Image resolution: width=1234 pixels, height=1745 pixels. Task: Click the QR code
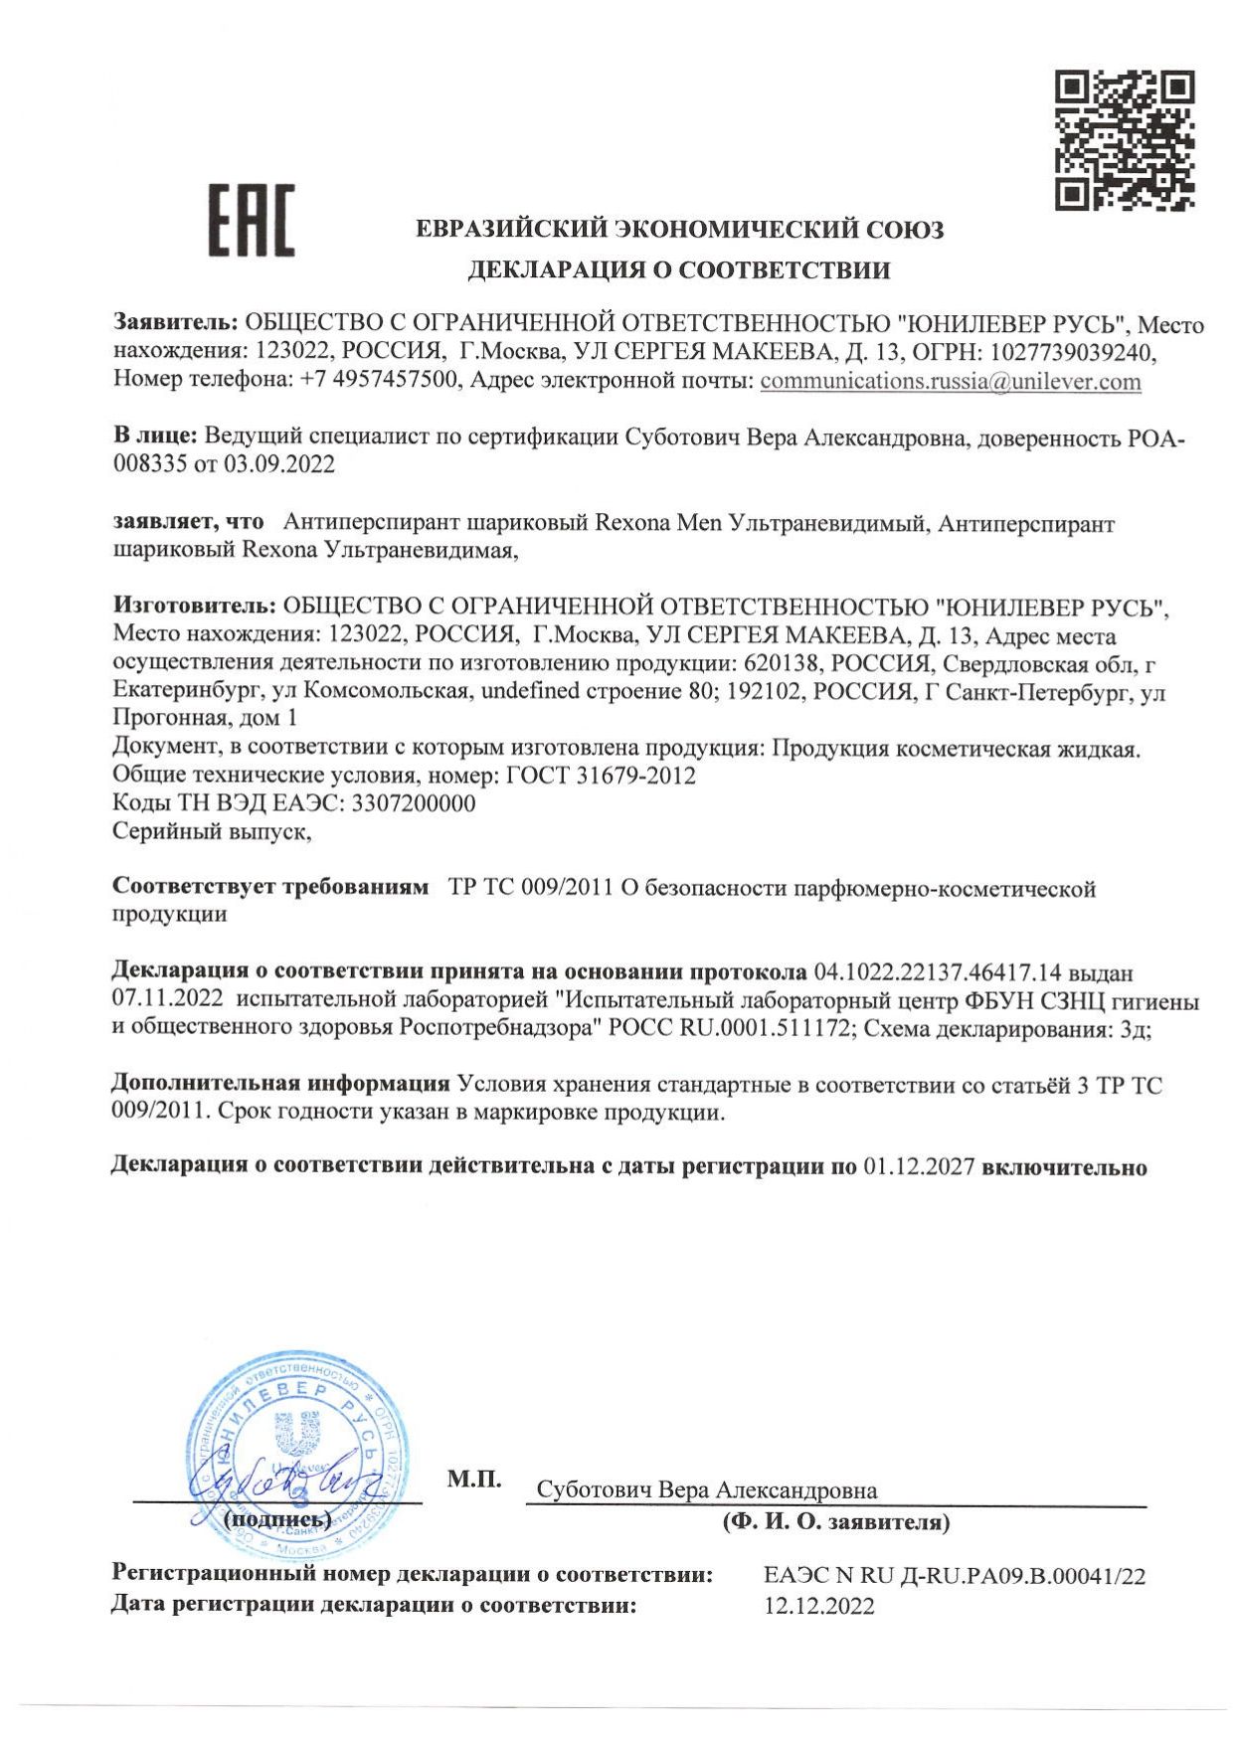click(x=1124, y=139)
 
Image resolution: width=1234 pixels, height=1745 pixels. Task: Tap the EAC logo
click(x=252, y=220)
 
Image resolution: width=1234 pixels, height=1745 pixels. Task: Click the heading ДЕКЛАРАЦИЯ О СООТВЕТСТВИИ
click(x=679, y=269)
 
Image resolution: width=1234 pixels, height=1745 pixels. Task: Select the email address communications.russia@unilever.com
click(x=950, y=382)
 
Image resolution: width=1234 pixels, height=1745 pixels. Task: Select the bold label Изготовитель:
click(x=194, y=607)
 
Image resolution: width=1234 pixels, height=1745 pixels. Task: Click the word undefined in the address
click(x=530, y=691)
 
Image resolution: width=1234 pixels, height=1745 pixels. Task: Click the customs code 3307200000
click(x=408, y=803)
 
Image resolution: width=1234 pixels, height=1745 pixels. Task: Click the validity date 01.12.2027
click(x=919, y=1167)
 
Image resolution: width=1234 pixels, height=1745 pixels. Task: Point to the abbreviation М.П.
click(x=474, y=1479)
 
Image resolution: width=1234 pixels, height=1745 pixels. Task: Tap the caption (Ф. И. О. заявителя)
click(x=836, y=1521)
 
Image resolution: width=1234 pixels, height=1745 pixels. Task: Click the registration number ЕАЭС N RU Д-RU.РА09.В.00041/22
click(x=955, y=1576)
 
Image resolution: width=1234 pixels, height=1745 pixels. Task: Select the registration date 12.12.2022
click(x=819, y=1606)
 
